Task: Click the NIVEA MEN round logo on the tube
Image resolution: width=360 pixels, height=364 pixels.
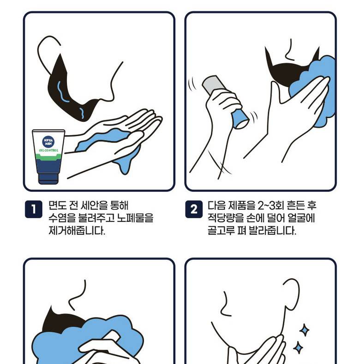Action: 48,142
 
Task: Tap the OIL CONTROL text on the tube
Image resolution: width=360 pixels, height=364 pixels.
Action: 48,150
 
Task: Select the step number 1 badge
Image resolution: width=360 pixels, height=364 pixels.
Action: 33,209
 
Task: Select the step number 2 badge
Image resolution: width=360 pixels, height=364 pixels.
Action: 194,209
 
